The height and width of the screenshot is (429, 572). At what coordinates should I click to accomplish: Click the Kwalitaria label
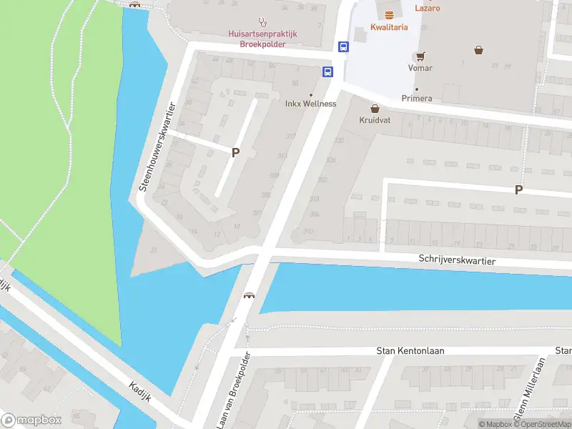[389, 27]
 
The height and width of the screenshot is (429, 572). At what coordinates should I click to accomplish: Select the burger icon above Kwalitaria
[389, 15]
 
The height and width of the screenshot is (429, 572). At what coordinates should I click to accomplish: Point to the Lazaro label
[427, 9]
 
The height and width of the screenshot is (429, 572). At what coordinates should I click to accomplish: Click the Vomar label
[420, 68]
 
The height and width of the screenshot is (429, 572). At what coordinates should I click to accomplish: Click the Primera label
[417, 98]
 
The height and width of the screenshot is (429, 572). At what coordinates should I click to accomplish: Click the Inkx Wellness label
[310, 104]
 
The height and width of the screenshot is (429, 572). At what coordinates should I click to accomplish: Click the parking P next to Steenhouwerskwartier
[235, 152]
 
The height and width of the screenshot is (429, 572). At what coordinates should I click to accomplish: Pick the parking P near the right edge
[519, 189]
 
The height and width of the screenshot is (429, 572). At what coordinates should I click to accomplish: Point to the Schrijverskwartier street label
[458, 262]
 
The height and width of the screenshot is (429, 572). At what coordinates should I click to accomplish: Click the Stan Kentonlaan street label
[406, 351]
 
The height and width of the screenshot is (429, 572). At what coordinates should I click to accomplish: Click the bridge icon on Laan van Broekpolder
[250, 295]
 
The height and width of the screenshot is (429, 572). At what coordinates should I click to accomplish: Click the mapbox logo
[31, 420]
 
